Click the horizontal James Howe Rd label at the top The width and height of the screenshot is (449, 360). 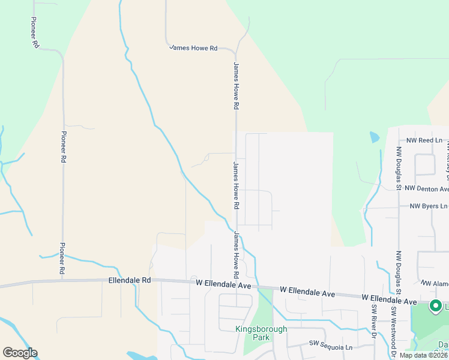(x=193, y=47)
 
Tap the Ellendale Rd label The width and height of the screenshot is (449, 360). (x=130, y=280)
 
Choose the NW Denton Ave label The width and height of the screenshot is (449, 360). (x=427, y=188)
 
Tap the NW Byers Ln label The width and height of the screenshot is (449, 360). (x=429, y=206)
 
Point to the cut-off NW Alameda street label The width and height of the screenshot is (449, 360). (x=435, y=283)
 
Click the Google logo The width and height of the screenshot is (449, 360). (x=20, y=353)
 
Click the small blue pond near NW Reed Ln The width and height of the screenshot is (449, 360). (x=375, y=137)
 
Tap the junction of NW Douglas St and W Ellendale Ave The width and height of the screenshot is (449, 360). (x=398, y=298)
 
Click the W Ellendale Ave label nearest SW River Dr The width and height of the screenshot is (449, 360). (x=388, y=298)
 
